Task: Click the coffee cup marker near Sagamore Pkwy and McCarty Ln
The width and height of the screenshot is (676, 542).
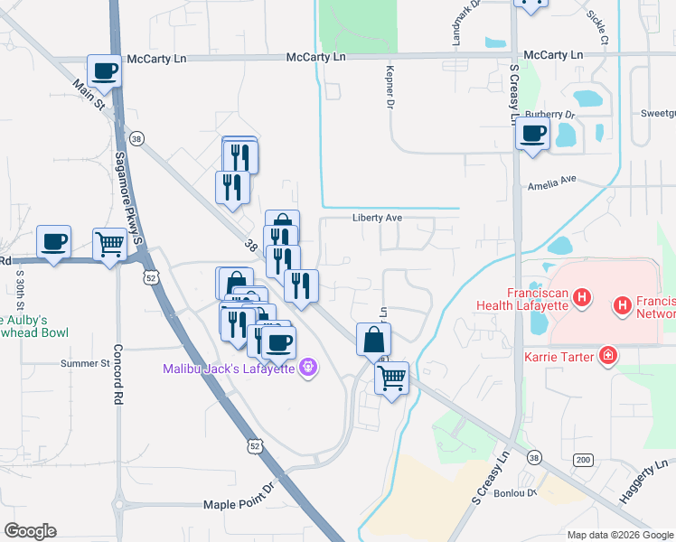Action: [x=105, y=71]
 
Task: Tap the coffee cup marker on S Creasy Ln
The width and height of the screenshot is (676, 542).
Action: [x=532, y=135]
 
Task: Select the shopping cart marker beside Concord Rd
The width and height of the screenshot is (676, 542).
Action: [x=109, y=243]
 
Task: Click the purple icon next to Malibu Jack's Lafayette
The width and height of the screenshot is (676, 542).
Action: [x=308, y=368]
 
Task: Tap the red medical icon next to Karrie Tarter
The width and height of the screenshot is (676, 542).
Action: [x=609, y=358]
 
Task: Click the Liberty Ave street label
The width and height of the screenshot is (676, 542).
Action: [x=377, y=219]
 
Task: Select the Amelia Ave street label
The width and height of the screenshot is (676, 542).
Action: [x=551, y=181]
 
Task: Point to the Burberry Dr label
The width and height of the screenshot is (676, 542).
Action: [x=549, y=116]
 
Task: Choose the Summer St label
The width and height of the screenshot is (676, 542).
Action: [x=84, y=364]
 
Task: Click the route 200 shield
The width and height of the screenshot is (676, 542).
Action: [x=582, y=461]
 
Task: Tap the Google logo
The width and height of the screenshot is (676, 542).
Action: [x=30, y=531]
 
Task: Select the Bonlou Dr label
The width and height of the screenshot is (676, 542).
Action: [x=519, y=493]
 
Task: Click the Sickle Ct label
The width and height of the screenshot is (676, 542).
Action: [x=597, y=29]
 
